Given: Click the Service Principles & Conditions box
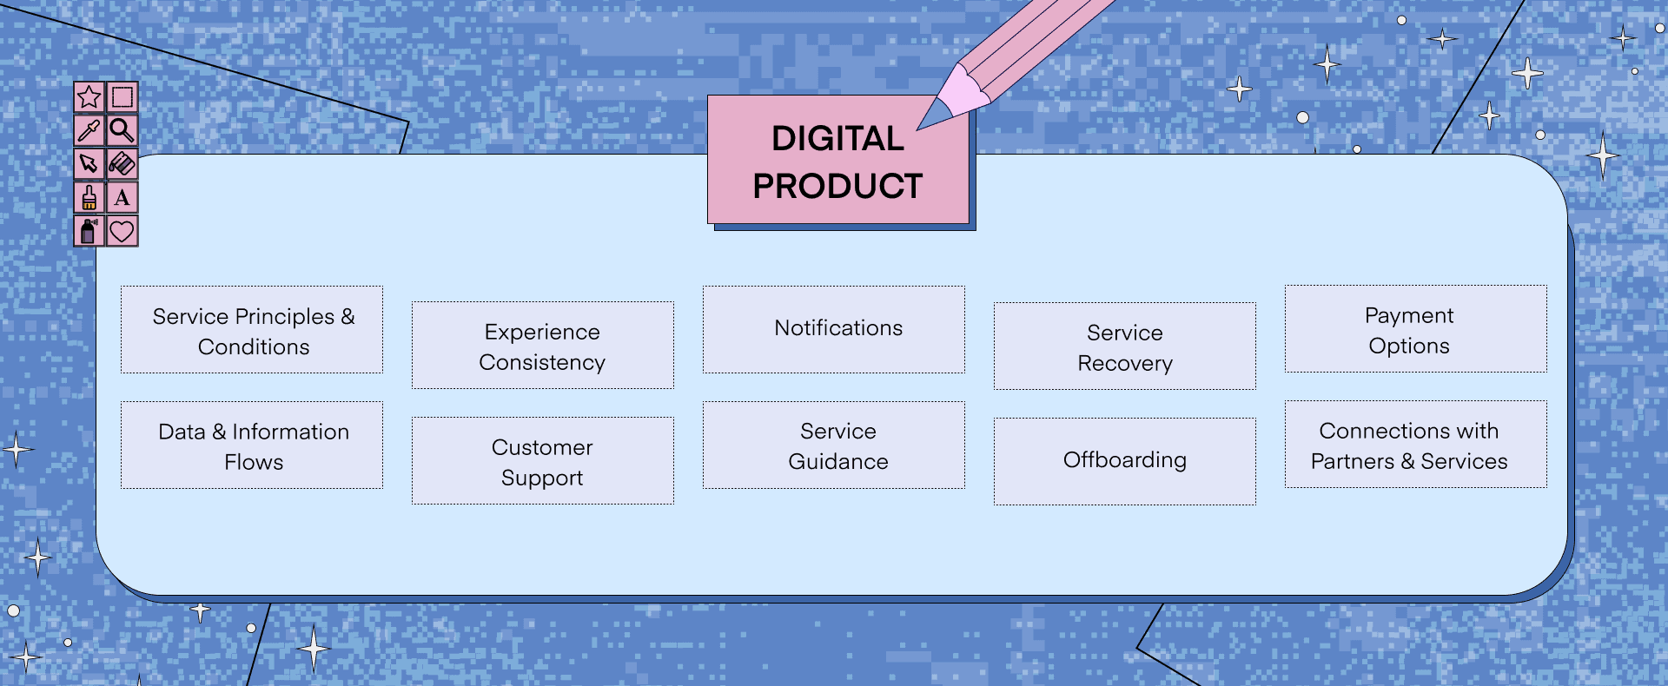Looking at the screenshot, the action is pos(252,330).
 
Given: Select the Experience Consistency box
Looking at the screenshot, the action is pos(543,346).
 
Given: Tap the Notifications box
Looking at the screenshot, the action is pos(834,330).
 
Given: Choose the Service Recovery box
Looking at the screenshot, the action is pos(1125,346).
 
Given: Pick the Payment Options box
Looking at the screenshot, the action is pos(1416,329).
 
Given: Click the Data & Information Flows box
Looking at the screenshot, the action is pos(252,445).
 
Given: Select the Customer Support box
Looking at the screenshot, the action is pos(543,461).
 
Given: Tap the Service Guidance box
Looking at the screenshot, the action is pos(834,445).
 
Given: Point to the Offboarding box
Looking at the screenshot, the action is pos(1125,462).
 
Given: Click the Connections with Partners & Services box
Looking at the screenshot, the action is pos(1416,445).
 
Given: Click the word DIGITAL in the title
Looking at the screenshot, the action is pos(837,139).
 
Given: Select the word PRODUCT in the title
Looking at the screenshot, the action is pos(837,186).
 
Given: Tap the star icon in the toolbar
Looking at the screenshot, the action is pos(89,96).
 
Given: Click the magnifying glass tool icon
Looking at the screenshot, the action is pos(122,130).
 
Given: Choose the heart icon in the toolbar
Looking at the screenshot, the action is pos(122,231).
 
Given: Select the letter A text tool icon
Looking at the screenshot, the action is pos(122,198).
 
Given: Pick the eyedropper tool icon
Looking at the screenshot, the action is pos(89,130).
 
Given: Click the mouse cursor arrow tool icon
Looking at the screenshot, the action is pos(89,163).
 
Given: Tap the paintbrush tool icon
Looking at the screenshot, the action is pos(89,198).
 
